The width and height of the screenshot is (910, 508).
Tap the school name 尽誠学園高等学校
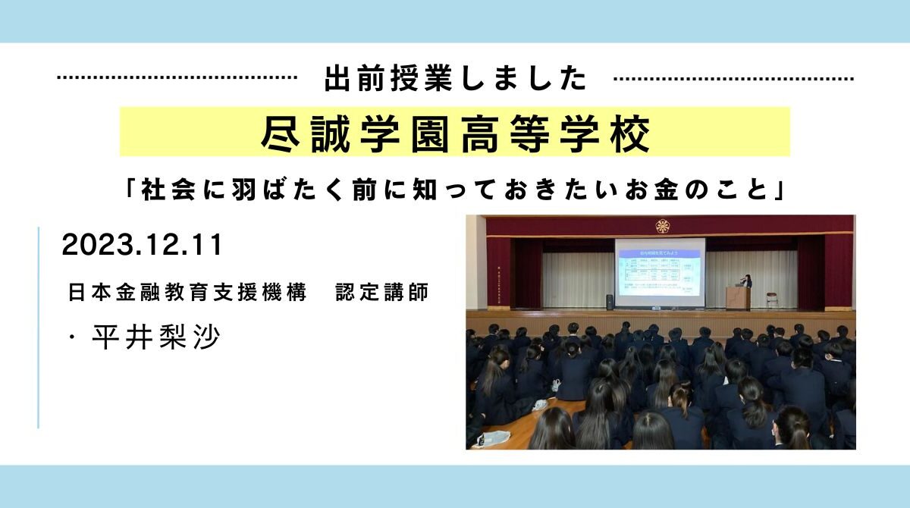[455, 133]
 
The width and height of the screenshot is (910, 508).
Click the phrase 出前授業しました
[455, 78]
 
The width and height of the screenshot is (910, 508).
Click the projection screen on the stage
[659, 271]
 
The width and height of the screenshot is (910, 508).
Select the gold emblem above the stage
[662, 225]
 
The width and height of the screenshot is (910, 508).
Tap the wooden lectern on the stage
[736, 297]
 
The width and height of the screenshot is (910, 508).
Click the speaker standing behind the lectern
[747, 282]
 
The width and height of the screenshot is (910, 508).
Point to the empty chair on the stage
[771, 300]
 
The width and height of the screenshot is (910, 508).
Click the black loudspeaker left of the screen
[609, 301]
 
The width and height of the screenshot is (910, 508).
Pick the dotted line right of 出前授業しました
[733, 78]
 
